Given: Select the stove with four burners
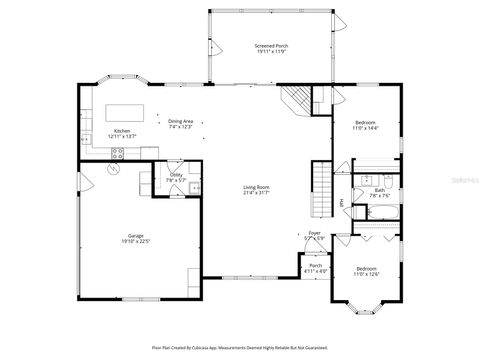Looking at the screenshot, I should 118,153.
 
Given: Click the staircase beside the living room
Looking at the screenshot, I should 322,183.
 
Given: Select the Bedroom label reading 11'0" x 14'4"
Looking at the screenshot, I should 363,124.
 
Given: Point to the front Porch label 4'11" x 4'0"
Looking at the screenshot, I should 315,267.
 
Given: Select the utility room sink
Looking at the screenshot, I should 196,187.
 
